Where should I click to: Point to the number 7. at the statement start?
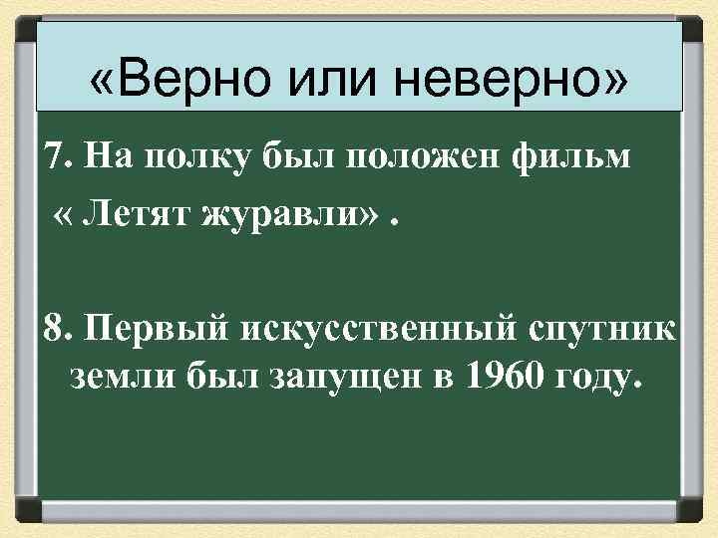59,156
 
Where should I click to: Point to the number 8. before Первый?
59,330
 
